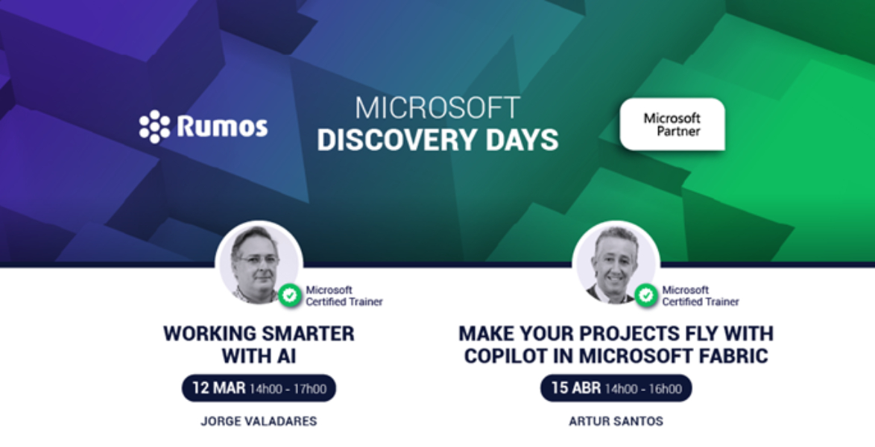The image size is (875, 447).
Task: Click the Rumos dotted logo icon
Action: click(x=154, y=127)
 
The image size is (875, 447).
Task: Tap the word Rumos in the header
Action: click(x=223, y=126)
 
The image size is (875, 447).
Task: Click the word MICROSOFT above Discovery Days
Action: click(x=437, y=108)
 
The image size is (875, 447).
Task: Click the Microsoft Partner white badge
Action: click(x=672, y=124)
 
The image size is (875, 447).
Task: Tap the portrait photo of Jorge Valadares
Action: click(x=259, y=264)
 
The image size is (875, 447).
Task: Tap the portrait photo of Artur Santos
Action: click(x=616, y=264)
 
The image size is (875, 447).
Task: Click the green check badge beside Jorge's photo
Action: click(x=290, y=295)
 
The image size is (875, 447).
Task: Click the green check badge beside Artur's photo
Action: click(x=646, y=295)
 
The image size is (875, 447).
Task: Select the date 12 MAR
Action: click(x=218, y=388)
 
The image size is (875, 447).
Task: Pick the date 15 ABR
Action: click(x=576, y=388)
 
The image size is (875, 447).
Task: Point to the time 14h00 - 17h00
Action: click(x=288, y=389)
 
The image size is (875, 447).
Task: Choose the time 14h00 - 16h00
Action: click(x=643, y=389)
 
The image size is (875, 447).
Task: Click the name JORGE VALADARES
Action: click(x=259, y=422)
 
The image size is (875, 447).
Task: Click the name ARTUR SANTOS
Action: click(x=616, y=422)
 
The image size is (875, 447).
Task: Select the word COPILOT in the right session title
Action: click(x=505, y=356)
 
